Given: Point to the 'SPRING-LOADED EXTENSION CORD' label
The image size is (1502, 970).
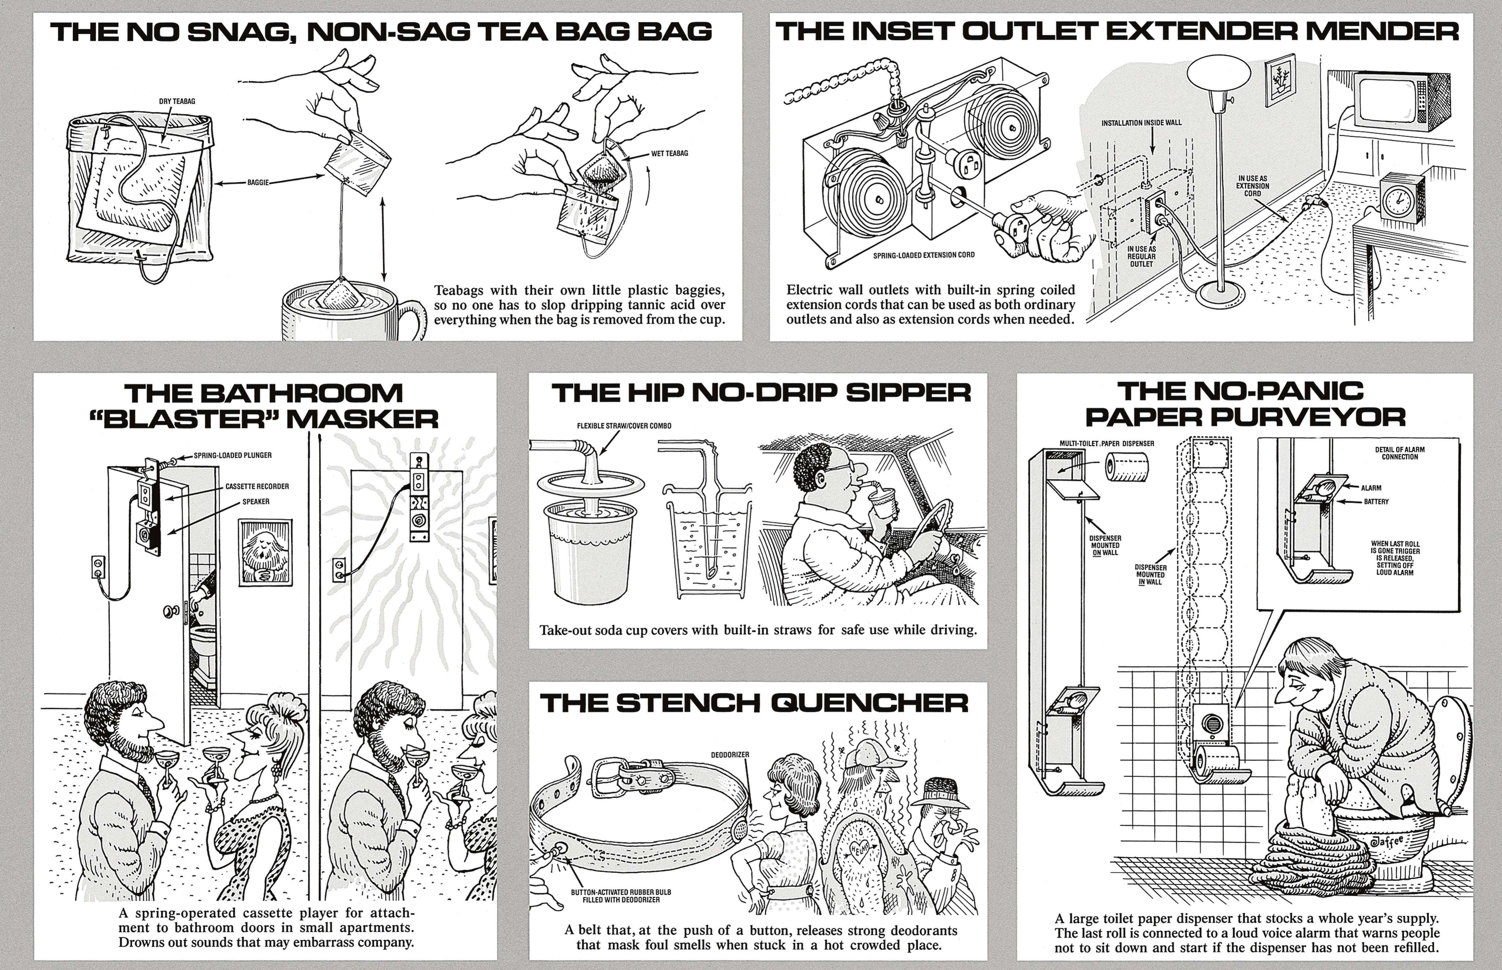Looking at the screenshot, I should (x=924, y=255).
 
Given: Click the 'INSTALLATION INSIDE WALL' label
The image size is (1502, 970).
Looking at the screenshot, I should (x=1141, y=123).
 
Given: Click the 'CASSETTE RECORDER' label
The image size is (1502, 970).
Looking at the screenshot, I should (x=257, y=486).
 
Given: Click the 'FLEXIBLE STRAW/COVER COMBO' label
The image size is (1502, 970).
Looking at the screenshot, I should (x=624, y=426).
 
